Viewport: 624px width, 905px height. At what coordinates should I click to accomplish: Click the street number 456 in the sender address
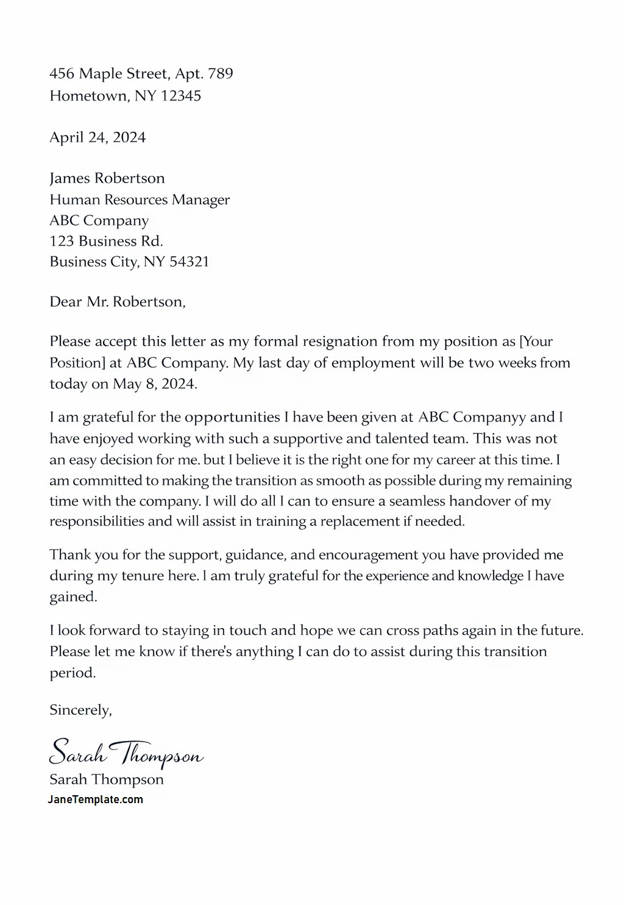click(62, 74)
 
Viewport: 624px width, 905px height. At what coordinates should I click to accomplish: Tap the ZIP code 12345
click(181, 96)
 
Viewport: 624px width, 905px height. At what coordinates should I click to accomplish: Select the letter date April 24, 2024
click(97, 137)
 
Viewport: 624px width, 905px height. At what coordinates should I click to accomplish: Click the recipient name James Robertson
click(107, 178)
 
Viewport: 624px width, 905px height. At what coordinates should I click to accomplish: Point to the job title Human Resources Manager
click(140, 199)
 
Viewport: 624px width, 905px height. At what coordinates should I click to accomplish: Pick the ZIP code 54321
click(189, 262)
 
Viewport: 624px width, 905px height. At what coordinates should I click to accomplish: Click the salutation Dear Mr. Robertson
click(117, 302)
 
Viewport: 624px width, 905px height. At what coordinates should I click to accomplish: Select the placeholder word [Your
click(536, 342)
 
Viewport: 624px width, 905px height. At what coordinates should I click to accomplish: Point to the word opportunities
click(232, 418)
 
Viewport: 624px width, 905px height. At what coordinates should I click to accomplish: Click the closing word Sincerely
click(80, 710)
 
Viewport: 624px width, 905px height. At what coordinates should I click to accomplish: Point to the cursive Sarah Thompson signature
click(126, 753)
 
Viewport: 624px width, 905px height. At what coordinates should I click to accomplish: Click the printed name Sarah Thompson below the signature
click(107, 779)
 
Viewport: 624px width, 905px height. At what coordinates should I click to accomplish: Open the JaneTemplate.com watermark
click(96, 799)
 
